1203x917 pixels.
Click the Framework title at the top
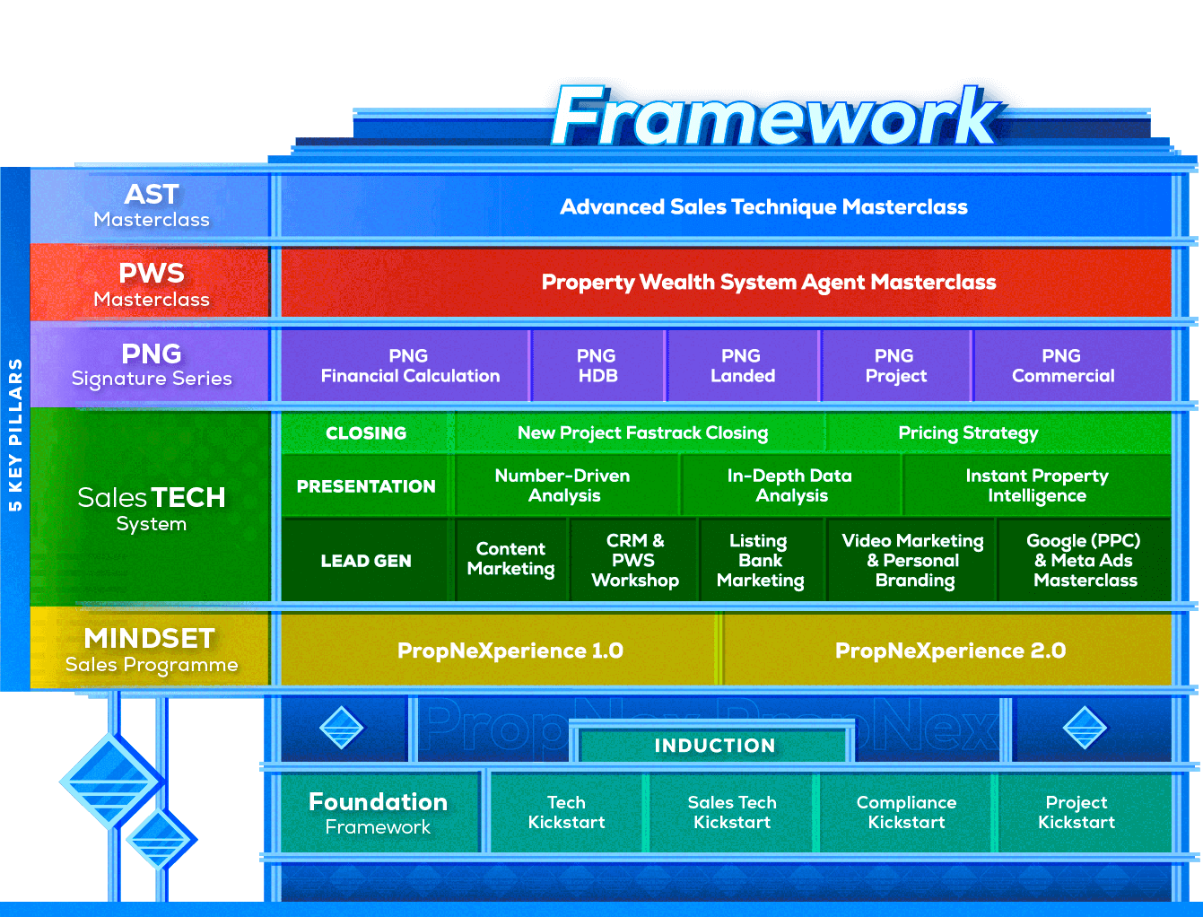[773, 118]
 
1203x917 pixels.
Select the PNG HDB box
[597, 366]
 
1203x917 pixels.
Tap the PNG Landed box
[743, 366]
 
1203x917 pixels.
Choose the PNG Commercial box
[1063, 366]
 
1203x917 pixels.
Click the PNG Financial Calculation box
[409, 366]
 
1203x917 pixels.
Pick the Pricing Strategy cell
[968, 433]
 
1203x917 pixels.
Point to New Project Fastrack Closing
[642, 433]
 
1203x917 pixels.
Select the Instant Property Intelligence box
[1037, 485]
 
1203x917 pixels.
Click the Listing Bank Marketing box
[760, 561]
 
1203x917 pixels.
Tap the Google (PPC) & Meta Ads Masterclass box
[1085, 561]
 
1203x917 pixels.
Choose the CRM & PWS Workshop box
[634, 561]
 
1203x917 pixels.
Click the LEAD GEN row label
[366, 561]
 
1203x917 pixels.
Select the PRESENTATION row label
[366, 486]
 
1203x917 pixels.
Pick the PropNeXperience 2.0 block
[950, 651]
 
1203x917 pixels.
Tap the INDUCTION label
[714, 746]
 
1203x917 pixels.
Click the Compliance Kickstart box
[906, 812]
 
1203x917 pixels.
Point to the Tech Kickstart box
[566, 812]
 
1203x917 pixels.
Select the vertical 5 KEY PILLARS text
[15, 435]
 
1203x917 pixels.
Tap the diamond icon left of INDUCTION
[342, 727]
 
